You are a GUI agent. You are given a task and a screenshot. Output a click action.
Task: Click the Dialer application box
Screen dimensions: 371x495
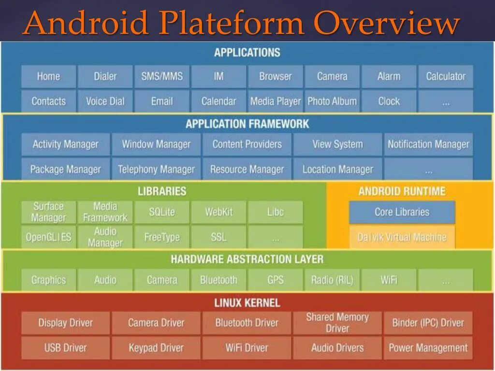click(x=105, y=76)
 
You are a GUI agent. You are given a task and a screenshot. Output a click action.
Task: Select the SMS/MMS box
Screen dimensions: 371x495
click(x=162, y=76)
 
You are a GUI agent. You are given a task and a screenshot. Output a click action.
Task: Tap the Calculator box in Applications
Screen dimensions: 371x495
click(x=445, y=76)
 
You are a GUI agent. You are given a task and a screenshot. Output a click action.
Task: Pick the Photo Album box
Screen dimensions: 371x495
click(x=332, y=101)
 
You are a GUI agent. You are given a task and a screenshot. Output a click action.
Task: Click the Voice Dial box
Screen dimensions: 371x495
click(x=105, y=101)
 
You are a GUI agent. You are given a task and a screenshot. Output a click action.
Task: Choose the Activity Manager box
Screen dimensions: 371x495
click(x=65, y=144)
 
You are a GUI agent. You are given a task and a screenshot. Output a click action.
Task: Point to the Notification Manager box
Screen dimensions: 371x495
click(x=428, y=144)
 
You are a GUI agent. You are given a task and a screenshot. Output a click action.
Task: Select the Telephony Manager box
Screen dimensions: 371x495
click(x=156, y=170)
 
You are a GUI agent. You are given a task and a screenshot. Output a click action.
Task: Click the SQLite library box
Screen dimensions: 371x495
click(x=162, y=212)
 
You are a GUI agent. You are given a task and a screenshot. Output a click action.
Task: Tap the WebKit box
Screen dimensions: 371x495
click(x=218, y=212)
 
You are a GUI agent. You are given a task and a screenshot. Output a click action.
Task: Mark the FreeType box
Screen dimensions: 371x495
click(x=162, y=237)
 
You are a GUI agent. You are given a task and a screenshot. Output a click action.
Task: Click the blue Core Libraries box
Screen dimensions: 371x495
click(x=402, y=212)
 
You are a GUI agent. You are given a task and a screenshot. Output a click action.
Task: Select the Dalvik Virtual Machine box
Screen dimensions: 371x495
click(x=402, y=237)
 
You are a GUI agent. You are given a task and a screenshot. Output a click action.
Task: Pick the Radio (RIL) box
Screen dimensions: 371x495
click(x=332, y=280)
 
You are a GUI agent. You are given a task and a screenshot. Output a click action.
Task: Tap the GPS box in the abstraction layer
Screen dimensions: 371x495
click(x=275, y=280)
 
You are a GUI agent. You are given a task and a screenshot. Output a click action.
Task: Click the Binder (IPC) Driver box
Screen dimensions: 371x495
click(x=428, y=323)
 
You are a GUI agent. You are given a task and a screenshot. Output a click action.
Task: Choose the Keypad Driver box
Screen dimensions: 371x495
click(x=156, y=348)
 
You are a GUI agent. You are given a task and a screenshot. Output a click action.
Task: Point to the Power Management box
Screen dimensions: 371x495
click(x=428, y=348)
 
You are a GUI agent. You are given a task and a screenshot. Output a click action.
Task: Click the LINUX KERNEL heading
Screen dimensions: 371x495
click(x=247, y=303)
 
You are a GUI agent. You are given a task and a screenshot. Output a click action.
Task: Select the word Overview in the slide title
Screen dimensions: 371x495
click(x=387, y=23)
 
